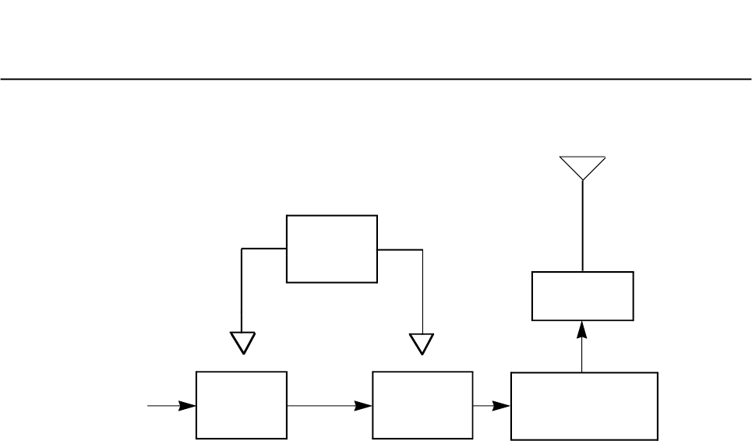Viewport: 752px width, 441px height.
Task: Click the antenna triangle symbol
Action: tap(582, 166)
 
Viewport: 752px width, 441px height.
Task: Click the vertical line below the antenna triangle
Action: tap(582, 226)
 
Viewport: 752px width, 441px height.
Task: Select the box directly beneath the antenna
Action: tap(582, 296)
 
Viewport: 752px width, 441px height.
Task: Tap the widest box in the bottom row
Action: tap(584, 406)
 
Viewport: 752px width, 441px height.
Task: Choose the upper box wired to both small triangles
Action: tap(332, 249)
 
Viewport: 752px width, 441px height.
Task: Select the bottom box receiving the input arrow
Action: tap(242, 406)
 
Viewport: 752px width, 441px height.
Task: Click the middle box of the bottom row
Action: tap(422, 406)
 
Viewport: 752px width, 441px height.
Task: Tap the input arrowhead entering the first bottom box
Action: tap(187, 406)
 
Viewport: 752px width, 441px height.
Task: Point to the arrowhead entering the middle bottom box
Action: tap(365, 406)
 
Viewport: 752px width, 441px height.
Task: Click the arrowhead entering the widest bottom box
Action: tap(503, 406)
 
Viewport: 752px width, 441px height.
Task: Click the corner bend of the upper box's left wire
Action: tap(243, 249)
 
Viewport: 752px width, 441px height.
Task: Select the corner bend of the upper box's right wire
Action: tap(422, 249)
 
